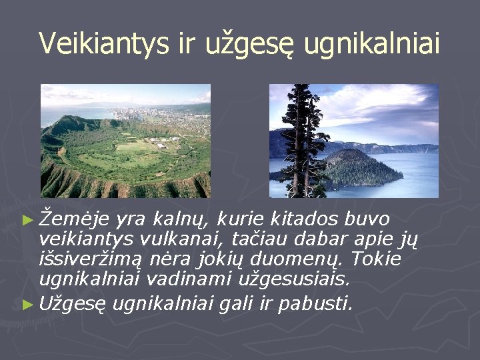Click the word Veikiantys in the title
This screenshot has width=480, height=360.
click(104, 43)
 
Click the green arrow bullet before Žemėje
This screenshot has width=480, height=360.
click(28, 220)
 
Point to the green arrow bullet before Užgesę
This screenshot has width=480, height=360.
click(28, 305)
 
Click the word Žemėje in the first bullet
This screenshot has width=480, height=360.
click(74, 219)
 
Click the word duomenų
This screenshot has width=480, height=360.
click(296, 259)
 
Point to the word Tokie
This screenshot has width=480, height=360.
click(376, 259)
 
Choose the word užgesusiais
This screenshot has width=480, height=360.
click(294, 279)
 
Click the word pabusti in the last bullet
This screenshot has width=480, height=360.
click(315, 303)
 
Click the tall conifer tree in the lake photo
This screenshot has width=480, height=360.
click(301, 141)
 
